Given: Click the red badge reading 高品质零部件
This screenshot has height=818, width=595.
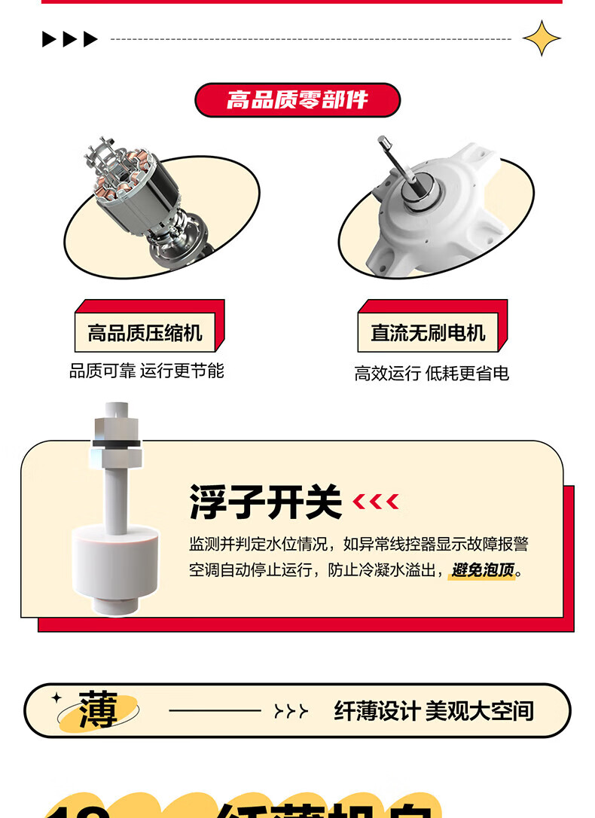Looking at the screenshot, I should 297,99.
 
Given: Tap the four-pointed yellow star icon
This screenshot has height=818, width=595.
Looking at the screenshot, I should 542,38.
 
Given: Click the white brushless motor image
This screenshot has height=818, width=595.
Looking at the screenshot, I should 437,211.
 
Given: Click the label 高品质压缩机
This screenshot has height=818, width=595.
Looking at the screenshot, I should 145,333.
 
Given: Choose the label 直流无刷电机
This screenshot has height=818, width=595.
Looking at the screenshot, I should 428,333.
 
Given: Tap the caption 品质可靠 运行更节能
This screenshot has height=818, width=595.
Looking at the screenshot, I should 147,371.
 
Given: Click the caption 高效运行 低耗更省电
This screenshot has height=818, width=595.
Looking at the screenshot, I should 432,373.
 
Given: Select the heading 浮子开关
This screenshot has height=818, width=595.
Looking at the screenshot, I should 265,502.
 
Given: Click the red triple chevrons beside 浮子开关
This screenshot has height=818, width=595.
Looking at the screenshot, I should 376,502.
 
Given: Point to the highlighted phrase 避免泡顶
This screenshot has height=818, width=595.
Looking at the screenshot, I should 483,570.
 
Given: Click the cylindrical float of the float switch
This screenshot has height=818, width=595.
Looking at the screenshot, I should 116,561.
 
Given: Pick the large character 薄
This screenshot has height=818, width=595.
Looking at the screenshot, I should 98,710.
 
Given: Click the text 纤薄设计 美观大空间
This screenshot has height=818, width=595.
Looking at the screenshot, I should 433,710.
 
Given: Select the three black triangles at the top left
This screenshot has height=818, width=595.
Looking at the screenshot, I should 70,39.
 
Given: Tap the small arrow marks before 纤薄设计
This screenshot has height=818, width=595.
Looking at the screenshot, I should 291,711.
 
